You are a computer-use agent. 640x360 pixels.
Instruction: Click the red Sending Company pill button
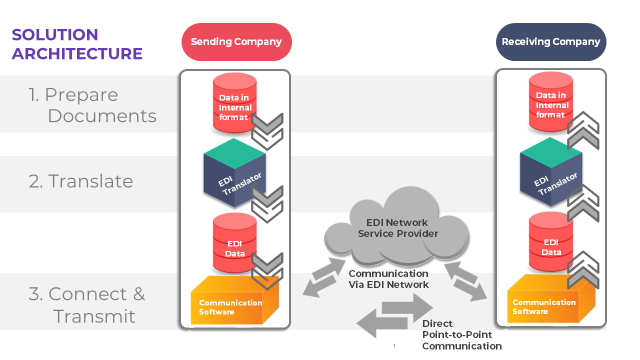coord(236,42)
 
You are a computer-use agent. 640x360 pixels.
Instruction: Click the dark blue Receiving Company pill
coord(550,42)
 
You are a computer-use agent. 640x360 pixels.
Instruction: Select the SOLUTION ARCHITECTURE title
coord(77,44)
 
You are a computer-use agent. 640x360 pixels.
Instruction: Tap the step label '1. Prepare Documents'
coord(92,105)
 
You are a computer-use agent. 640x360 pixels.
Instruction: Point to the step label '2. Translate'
coord(81,181)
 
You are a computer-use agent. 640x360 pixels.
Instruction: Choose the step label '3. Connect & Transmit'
coord(87,305)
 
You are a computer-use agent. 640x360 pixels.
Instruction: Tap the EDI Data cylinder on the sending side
coord(234,245)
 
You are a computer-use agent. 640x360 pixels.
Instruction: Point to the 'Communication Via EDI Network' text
coord(388,279)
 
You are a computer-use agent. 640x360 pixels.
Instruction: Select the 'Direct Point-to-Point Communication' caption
coord(461,335)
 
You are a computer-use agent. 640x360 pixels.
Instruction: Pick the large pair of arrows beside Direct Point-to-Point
coord(395,315)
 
